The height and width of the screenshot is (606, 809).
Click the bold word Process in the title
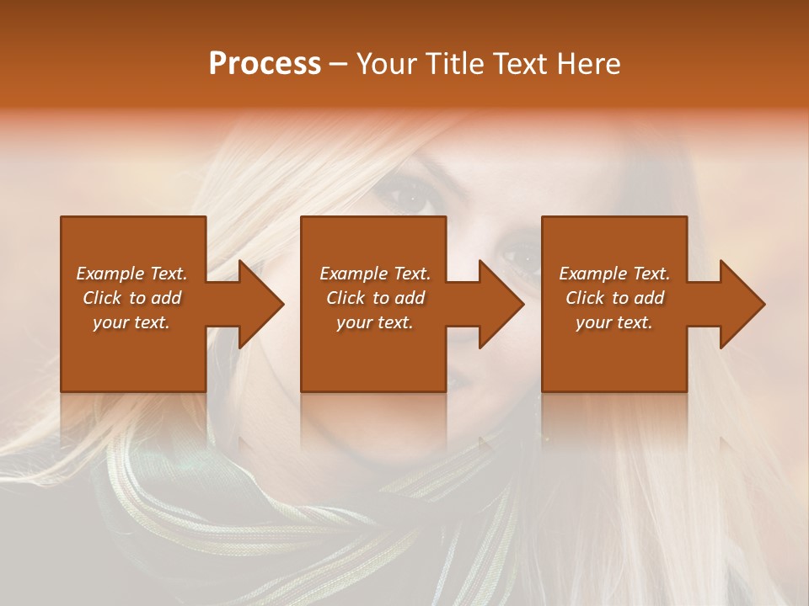click(x=265, y=63)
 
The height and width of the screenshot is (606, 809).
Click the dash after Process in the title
click(x=339, y=65)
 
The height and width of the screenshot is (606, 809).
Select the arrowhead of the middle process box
click(x=501, y=304)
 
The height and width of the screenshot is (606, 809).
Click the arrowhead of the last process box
click(x=742, y=304)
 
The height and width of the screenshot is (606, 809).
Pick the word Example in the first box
click(x=109, y=274)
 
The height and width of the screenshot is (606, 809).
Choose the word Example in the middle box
click(x=352, y=274)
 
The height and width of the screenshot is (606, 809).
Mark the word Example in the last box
click(x=592, y=274)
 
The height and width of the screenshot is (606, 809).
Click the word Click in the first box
click(x=102, y=298)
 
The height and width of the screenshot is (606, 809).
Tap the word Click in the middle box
click(x=346, y=298)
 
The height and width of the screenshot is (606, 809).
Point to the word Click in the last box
click(x=585, y=298)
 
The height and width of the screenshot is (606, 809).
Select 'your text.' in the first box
click(x=131, y=322)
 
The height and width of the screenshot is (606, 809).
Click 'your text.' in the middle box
click(x=374, y=322)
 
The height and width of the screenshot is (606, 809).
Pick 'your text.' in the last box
click(x=614, y=322)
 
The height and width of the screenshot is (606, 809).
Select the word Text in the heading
click(x=518, y=63)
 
